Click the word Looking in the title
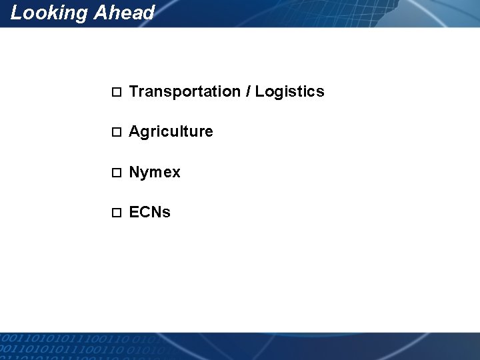tap(48, 13)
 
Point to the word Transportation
tap(185, 91)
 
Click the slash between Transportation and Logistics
tap(248, 91)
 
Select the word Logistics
tap(290, 91)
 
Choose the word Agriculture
tap(171, 132)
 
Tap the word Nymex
tap(155, 173)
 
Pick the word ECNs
tap(149, 213)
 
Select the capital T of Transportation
tap(133, 91)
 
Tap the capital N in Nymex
tap(134, 172)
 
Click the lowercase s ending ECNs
tap(167, 213)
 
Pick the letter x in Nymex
tap(176, 173)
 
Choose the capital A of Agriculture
tap(134, 131)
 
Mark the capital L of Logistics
tap(259, 91)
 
